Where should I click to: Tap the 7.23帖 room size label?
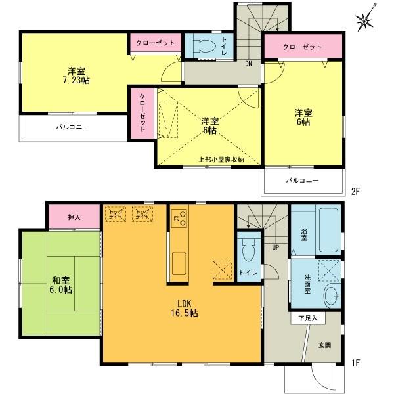pos(74,80)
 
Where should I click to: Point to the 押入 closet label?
pos(74,216)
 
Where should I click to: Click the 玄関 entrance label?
pos(325,345)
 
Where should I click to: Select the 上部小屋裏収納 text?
pos(221,160)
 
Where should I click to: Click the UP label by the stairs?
pos(276,247)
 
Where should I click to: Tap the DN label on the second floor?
pos(249,64)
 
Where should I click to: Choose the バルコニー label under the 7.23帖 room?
pos(72,127)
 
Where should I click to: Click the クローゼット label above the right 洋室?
pos(302,47)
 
